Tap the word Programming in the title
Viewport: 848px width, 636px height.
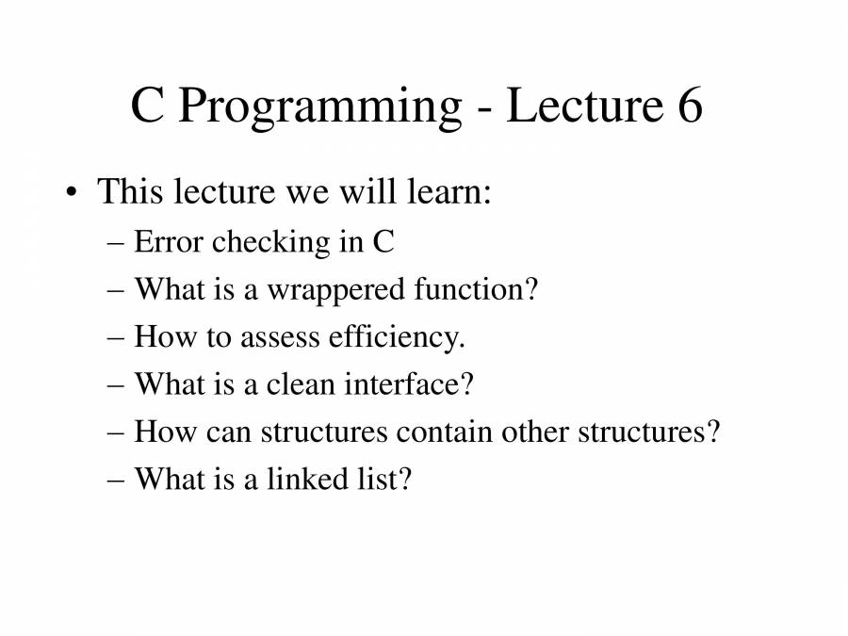tap(319, 108)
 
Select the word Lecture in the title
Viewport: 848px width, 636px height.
tap(584, 105)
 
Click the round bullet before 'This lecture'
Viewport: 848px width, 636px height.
tap(71, 192)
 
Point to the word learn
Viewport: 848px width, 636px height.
tap(448, 191)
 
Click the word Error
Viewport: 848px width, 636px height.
tap(169, 241)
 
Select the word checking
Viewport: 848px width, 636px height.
tap(270, 243)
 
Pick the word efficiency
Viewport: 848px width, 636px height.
tap(397, 338)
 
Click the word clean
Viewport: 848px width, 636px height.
tap(301, 384)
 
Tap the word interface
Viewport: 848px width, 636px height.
tap(409, 384)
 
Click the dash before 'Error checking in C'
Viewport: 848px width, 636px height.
tap(116, 244)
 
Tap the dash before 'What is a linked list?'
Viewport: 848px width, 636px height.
tap(116, 481)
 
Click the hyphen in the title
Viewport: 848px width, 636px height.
tap(484, 110)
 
